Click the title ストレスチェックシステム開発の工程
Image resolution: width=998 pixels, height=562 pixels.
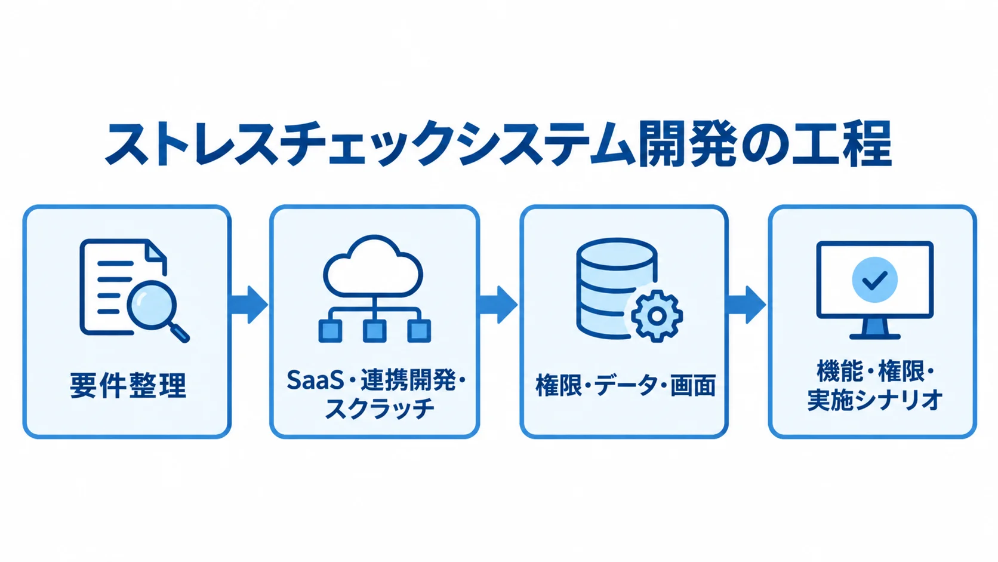pos(498,143)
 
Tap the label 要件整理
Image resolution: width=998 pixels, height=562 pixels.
pos(128,385)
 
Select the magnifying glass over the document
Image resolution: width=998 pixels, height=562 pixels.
pos(158,310)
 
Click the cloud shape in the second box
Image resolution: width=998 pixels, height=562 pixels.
pos(373,266)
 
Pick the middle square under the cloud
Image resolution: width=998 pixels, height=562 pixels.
pos(374,331)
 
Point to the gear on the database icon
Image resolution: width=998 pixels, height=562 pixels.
pos(656,316)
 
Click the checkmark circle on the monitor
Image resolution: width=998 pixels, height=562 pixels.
pos(874,280)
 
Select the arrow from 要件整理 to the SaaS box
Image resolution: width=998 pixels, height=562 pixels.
pos(249,305)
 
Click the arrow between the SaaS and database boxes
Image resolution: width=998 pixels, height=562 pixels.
pos(498,305)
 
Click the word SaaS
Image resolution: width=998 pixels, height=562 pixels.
pos(315,380)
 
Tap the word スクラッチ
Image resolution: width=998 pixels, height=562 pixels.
pos(380,409)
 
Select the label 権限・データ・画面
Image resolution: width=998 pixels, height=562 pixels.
pos(625,385)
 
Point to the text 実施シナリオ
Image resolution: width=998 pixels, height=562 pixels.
pos(875,400)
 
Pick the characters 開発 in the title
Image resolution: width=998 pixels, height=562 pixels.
pos(686,143)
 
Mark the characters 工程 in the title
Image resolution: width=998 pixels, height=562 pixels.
pos(844,143)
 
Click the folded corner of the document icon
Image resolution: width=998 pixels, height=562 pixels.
pos(157,250)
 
